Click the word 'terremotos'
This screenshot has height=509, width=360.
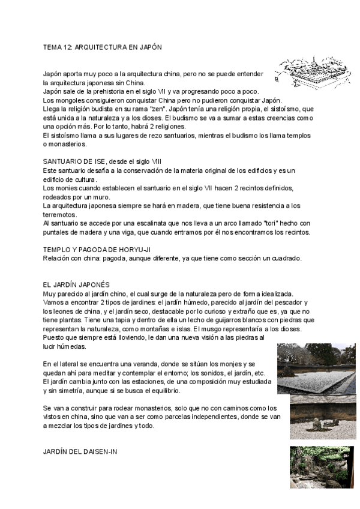tap(59, 214)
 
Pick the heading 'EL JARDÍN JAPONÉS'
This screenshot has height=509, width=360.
tap(76, 284)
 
